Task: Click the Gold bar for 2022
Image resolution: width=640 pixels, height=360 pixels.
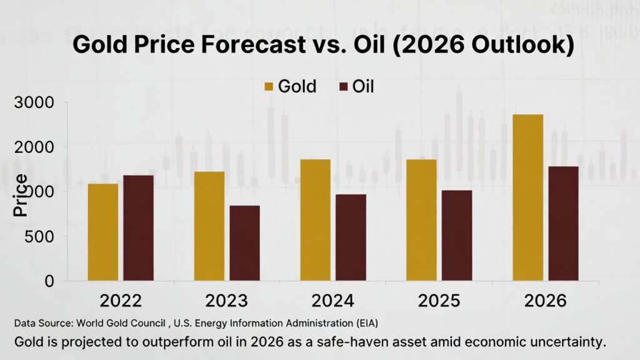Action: pos(102,232)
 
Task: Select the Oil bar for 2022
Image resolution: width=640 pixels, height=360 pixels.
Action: pos(138,228)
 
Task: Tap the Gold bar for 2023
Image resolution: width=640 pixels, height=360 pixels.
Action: pos(209,226)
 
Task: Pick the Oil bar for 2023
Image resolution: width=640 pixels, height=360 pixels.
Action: pos(244,243)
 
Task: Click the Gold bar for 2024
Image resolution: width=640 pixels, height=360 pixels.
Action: pos(315,220)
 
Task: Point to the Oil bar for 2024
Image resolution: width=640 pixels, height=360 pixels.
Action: pos(351,237)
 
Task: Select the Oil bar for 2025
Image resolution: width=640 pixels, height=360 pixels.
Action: pos(457,236)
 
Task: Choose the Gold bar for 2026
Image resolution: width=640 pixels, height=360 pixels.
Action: pos(527,197)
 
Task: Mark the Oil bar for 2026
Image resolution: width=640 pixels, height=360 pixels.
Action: pos(563,224)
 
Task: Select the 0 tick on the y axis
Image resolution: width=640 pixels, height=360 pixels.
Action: pos(51,281)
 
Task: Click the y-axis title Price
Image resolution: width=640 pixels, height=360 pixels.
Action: pos(21,195)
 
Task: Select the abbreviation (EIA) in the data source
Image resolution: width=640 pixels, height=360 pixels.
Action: pos(366,324)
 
